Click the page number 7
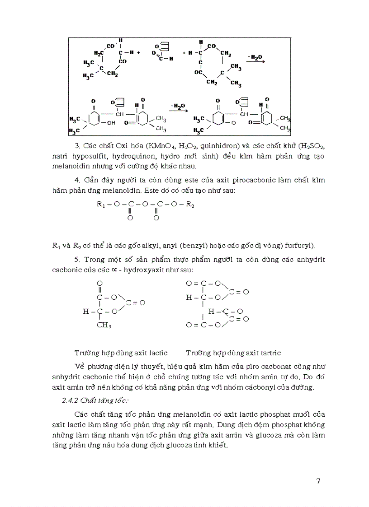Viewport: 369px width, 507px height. tap(318, 481)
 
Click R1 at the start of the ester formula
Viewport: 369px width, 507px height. tap(100, 205)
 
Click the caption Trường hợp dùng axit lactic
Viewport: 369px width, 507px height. tap(121, 352)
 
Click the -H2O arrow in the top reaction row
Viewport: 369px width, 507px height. tap(255, 58)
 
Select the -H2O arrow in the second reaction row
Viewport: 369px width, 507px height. tap(177, 107)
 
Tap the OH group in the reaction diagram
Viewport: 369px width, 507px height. tap(110, 122)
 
